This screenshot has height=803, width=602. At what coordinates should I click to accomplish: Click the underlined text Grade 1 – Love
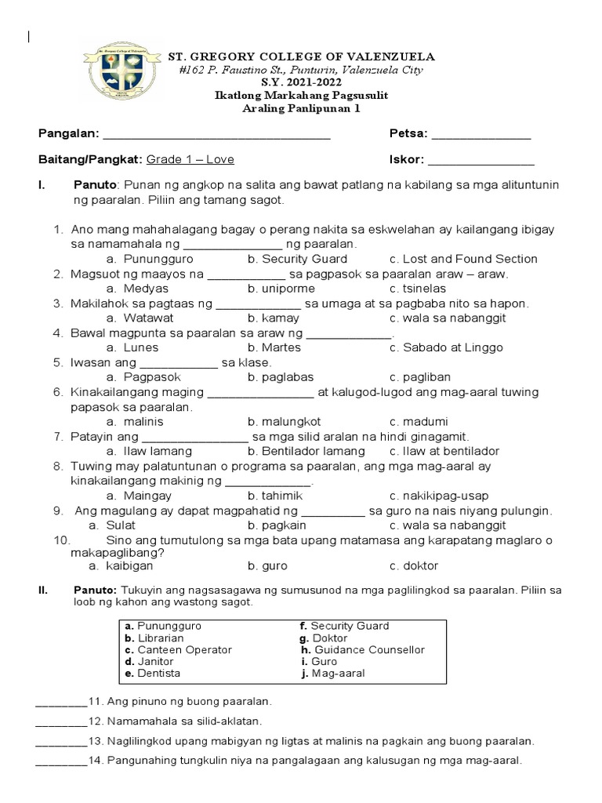190,160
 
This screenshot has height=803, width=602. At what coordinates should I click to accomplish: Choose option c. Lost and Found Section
462,259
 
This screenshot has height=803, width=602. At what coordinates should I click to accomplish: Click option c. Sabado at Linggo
445,347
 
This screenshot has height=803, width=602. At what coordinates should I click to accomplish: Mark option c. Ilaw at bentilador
444,452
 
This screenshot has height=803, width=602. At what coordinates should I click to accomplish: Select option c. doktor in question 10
413,565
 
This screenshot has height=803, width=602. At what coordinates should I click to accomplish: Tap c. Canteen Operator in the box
178,650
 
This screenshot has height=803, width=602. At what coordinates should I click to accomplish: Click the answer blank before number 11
61,701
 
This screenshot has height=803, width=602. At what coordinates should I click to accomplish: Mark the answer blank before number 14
61,761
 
